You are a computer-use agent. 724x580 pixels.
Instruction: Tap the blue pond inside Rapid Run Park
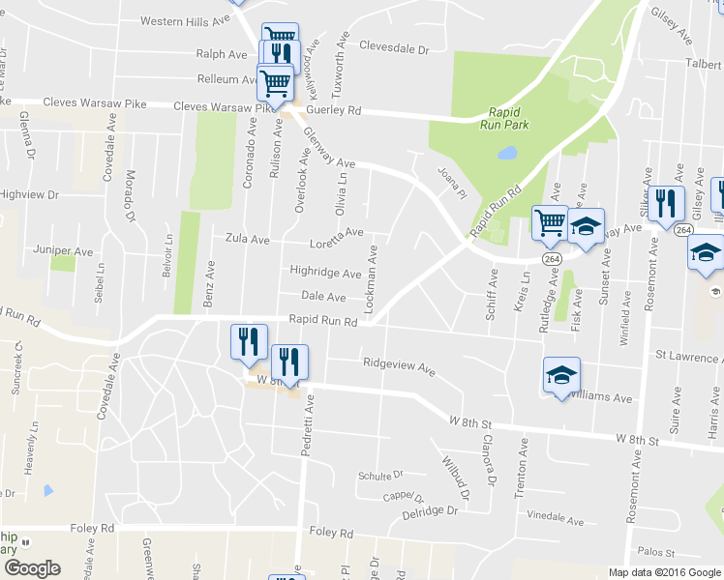(506, 153)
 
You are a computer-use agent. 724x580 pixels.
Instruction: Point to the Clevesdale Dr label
(393, 46)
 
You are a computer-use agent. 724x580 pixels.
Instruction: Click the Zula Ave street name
(247, 237)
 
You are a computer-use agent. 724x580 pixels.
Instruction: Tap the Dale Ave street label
(323, 297)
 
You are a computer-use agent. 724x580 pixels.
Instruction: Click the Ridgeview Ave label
(399, 365)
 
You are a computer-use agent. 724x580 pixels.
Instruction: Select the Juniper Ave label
(63, 251)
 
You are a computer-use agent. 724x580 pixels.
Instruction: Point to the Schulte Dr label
(379, 475)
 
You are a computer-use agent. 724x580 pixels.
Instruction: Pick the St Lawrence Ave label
(686, 358)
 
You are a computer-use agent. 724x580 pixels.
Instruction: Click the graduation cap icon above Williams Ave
(561, 375)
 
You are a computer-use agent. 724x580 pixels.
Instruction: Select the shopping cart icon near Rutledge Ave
(550, 222)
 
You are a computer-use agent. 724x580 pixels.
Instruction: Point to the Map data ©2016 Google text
(664, 572)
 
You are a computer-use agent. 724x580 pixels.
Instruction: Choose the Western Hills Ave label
(186, 20)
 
